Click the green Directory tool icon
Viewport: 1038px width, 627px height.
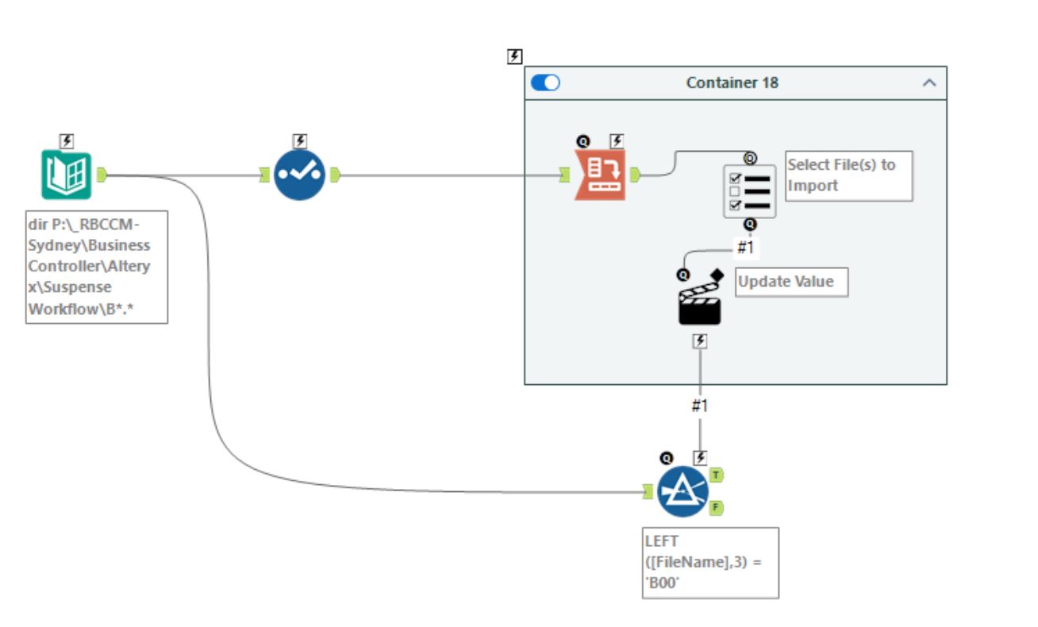[x=67, y=175]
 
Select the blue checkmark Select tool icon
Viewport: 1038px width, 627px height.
[x=299, y=175]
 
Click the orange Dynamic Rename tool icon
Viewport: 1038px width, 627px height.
[x=599, y=175]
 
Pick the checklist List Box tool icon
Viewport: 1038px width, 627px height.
[x=749, y=191]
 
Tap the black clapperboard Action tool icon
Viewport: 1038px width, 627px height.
[x=699, y=303]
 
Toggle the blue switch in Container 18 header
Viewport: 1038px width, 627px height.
[x=545, y=83]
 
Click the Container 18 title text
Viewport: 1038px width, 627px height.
[x=732, y=83]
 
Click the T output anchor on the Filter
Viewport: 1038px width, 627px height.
[x=717, y=475]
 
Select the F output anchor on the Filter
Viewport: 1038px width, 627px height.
[x=717, y=507]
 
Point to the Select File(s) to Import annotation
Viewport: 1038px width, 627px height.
[x=848, y=175]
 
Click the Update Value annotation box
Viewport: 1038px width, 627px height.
[x=791, y=282]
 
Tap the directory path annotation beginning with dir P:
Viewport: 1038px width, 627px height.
[x=96, y=266]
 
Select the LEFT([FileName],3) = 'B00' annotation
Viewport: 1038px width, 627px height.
[x=710, y=562]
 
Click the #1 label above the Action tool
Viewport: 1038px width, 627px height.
[x=744, y=248]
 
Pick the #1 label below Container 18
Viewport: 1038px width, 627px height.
[x=698, y=406]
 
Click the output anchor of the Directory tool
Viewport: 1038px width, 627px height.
[x=102, y=175]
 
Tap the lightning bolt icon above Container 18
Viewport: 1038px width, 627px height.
[x=515, y=56]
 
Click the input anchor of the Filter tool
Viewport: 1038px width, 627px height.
[x=648, y=493]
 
